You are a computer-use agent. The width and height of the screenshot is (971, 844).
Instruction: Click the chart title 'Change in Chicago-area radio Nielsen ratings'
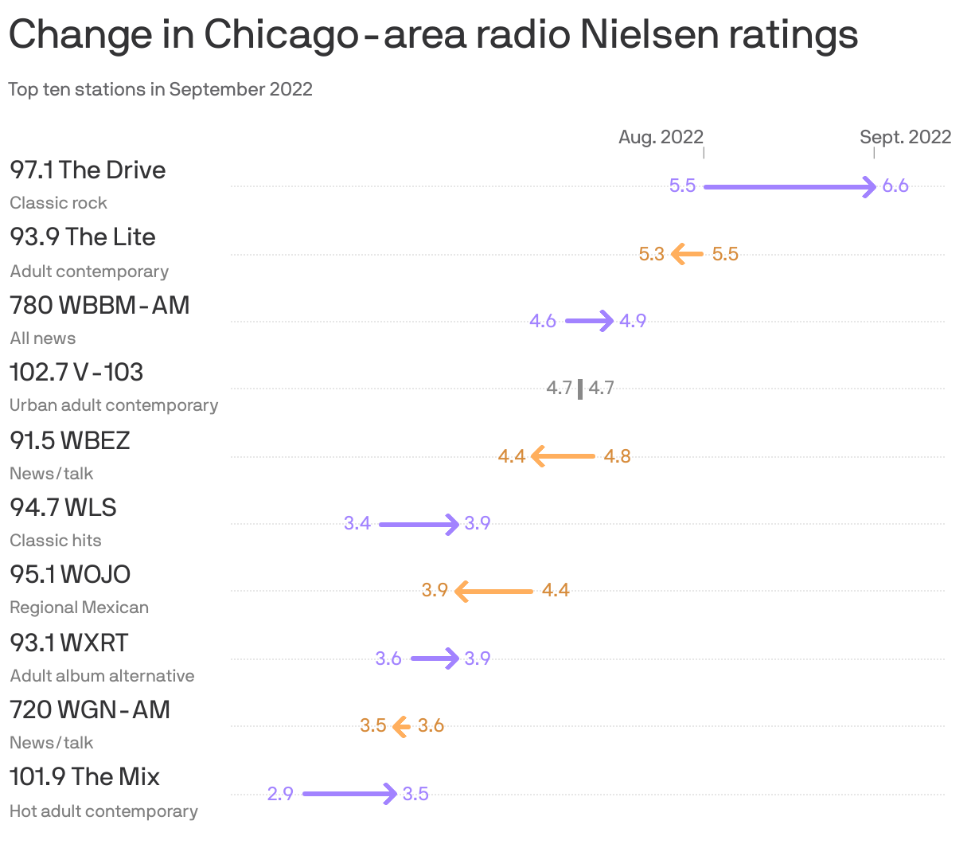click(433, 35)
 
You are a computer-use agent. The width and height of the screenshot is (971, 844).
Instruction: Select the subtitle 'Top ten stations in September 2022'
click(160, 89)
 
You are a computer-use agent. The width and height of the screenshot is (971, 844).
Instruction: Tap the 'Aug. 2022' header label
click(661, 137)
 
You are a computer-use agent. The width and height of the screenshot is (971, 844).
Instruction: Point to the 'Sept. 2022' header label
click(905, 137)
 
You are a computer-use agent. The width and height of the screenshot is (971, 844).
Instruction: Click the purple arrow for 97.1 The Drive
click(790, 187)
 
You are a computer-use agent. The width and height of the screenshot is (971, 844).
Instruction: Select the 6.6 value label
click(895, 186)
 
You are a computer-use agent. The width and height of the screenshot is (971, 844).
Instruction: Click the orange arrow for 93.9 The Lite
click(687, 255)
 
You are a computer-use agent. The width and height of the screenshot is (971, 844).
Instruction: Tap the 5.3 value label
click(651, 255)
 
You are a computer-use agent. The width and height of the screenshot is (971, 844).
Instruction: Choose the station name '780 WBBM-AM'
click(99, 305)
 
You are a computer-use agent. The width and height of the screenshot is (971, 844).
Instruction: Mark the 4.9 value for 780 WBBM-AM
click(633, 322)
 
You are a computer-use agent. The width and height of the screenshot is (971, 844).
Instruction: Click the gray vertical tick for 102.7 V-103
click(580, 389)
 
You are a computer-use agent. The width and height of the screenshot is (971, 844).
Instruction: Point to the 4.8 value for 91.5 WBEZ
click(617, 457)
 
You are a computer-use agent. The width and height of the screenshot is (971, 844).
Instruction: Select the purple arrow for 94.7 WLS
click(419, 524)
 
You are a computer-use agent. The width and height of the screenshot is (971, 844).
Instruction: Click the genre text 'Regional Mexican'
click(79, 608)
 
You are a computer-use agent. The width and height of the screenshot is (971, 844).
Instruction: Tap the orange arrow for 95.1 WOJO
click(493, 592)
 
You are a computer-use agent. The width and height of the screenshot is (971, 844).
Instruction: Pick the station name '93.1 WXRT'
click(69, 643)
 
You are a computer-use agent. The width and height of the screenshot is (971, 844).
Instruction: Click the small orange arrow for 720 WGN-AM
click(401, 726)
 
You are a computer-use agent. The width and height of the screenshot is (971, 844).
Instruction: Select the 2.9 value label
click(280, 795)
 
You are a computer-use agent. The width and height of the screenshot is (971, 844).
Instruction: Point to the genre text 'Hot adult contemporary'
click(103, 811)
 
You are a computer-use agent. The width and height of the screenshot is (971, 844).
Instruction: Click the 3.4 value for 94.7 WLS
click(357, 524)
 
